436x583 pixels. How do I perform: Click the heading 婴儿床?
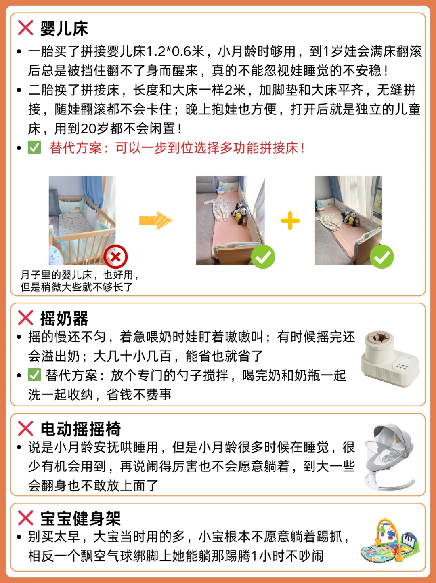[64, 28]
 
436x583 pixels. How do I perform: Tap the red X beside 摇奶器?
[25, 318]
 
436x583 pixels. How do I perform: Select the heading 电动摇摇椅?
[80, 429]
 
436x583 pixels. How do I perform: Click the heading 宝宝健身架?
[80, 518]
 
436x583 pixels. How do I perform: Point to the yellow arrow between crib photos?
[156, 221]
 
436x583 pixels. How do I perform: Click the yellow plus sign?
[290, 221]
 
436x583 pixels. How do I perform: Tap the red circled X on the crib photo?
[115, 257]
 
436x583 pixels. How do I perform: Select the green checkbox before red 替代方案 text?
[34, 147]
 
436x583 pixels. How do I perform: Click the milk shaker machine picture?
[390, 359]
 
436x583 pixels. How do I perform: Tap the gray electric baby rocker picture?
[390, 457]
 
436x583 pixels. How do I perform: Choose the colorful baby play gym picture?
[390, 540]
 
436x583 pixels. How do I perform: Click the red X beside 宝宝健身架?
[25, 518]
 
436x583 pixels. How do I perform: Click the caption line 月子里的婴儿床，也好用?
[80, 275]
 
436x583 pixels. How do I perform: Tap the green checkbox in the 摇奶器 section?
[34, 375]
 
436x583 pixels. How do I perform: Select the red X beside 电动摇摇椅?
[25, 428]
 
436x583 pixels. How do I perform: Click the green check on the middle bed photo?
[263, 257]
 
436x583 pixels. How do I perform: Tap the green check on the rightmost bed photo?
[381, 257]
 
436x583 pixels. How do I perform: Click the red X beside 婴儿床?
[25, 27]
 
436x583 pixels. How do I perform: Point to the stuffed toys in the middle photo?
[240, 214]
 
